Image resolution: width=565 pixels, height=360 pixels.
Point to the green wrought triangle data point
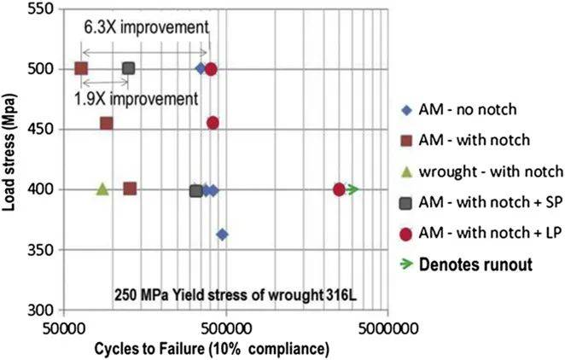[x=102, y=189]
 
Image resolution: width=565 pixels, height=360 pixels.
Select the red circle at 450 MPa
[x=213, y=123]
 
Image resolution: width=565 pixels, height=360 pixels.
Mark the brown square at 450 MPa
[x=107, y=123]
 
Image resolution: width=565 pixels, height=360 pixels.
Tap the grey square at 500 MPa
[x=129, y=68]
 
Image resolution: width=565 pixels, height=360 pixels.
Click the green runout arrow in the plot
[x=352, y=189]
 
